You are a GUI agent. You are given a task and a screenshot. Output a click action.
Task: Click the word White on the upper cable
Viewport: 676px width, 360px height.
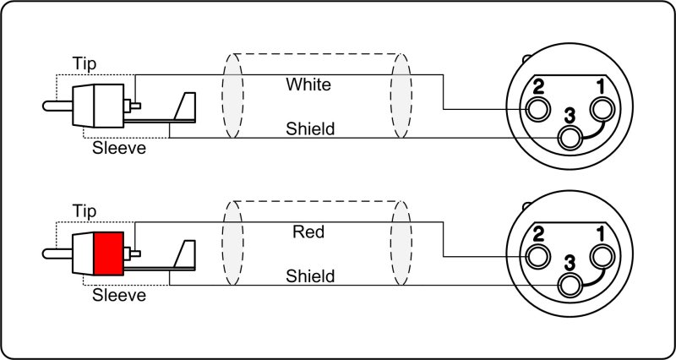308,85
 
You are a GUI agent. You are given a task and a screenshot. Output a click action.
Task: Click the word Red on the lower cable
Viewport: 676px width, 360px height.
308,231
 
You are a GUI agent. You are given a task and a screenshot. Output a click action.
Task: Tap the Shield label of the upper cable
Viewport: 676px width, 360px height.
310,129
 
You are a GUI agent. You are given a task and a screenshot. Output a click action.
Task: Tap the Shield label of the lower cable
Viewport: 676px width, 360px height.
310,275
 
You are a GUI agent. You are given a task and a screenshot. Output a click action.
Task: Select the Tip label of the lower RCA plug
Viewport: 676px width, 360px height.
84,210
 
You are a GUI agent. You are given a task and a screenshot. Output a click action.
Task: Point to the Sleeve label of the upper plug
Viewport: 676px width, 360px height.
119,149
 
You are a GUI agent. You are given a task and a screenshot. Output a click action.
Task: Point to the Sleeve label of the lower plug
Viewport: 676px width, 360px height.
119,295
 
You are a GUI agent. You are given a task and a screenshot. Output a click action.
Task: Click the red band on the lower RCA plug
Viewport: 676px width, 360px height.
108,252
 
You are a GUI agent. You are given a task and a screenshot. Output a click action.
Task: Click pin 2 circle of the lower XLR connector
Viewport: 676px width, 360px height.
537,256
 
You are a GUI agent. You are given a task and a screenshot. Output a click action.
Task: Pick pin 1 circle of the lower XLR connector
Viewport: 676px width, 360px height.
602,256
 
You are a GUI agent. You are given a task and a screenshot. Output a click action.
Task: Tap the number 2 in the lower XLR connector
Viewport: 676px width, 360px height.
537,232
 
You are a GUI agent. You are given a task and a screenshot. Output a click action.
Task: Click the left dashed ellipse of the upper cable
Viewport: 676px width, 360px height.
233,98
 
